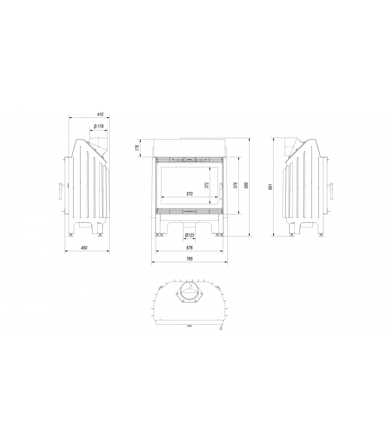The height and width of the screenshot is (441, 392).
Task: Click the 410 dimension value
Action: point(100,114)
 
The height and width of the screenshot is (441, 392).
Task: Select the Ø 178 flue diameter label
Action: point(99,127)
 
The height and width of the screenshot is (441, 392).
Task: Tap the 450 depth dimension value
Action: point(84,248)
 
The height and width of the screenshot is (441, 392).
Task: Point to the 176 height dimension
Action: point(137,147)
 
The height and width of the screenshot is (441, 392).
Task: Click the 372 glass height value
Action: point(207,185)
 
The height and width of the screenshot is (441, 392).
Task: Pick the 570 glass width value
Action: point(190,194)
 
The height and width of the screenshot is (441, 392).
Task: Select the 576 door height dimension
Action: point(236,185)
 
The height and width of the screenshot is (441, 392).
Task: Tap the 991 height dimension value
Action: point(270,187)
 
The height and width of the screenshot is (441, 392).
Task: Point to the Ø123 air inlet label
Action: point(190,235)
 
